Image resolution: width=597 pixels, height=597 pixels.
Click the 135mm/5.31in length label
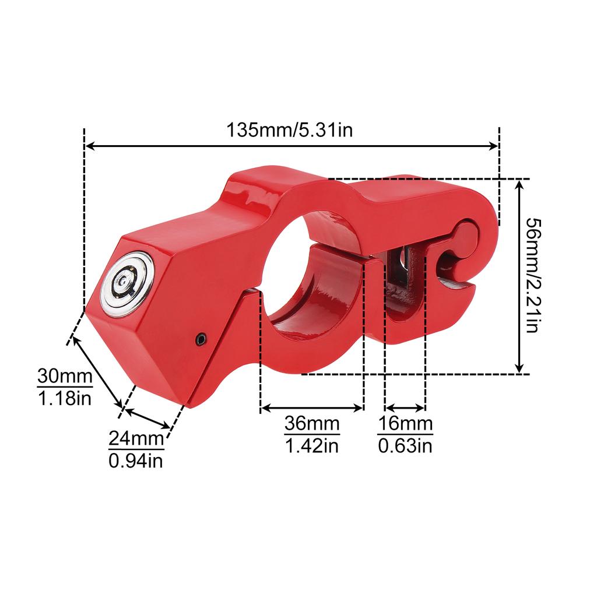(x=290, y=129)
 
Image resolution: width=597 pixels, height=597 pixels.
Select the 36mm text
(x=312, y=424)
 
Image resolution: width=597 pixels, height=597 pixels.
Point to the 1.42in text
(x=312, y=446)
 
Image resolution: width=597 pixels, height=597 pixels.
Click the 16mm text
(x=405, y=424)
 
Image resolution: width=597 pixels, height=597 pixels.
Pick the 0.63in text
(x=405, y=446)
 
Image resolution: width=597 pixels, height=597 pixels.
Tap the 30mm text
(x=65, y=376)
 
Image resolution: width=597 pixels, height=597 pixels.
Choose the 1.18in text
(x=65, y=399)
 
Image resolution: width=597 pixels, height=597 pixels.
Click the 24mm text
(x=136, y=438)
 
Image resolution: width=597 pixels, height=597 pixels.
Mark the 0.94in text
(x=136, y=461)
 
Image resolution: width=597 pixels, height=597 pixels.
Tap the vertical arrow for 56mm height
(x=519, y=276)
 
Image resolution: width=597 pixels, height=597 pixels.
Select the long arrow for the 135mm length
(x=292, y=147)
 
